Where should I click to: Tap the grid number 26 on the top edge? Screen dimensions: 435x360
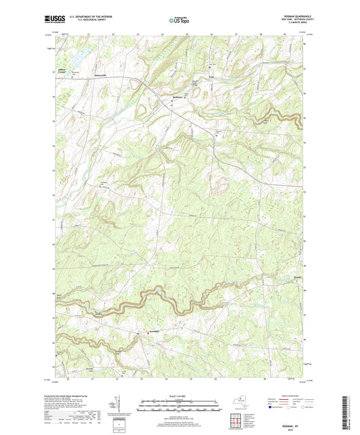[x=211, y=34]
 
